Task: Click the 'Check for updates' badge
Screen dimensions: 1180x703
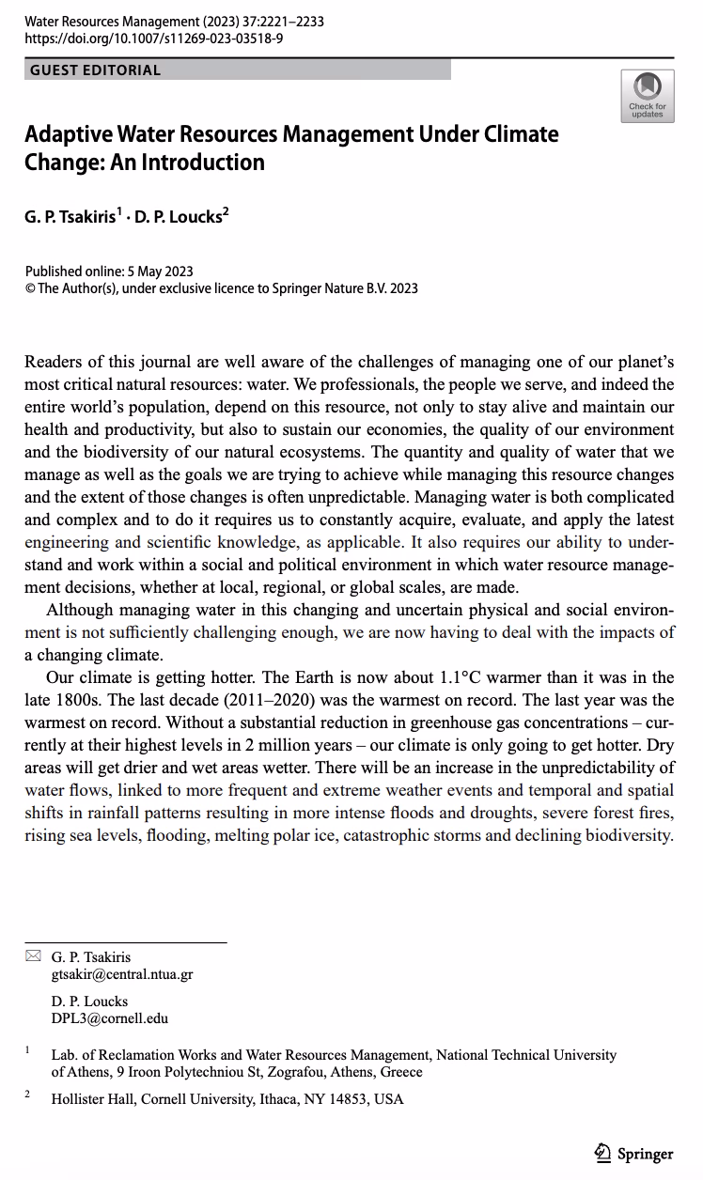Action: pos(647,96)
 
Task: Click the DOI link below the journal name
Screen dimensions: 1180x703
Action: pos(154,39)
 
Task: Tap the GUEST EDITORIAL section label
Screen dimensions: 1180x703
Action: pos(95,70)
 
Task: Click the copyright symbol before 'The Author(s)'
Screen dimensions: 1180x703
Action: pos(31,288)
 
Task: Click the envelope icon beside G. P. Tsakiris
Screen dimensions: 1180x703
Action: pos(33,956)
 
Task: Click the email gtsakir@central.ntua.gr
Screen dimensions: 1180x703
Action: pos(122,974)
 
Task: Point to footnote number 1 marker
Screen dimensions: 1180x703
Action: pos(28,1049)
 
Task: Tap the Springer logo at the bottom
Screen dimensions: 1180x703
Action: pos(635,1154)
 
